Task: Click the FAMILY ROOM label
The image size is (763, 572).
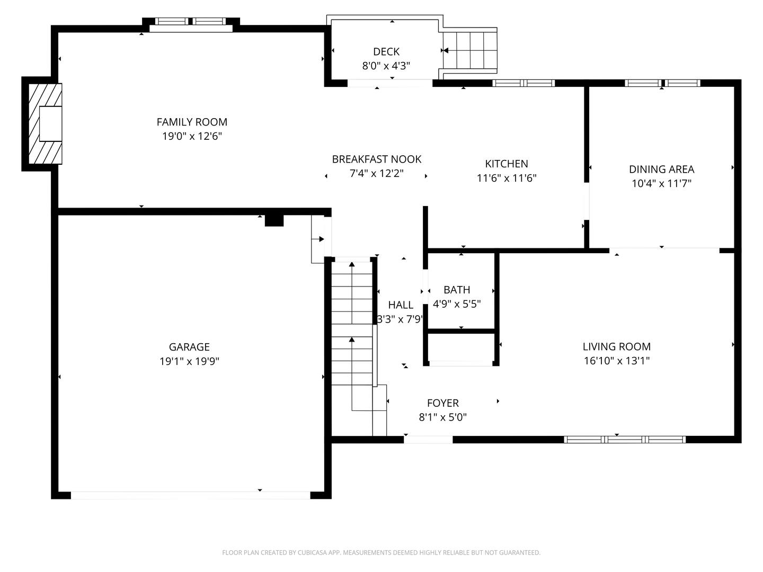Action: pos(192,122)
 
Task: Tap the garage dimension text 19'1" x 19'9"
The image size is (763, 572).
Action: pos(189,361)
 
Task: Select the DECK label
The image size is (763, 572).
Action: pos(386,51)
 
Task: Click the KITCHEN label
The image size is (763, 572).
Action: pos(507,164)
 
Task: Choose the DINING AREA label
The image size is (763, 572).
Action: pos(661,169)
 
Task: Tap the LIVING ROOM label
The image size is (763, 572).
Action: pos(616,346)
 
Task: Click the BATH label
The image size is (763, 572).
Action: pos(457,290)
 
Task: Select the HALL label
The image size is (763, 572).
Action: pos(401,305)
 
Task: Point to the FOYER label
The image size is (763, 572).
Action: pos(443,403)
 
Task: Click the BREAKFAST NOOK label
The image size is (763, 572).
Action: pos(377,159)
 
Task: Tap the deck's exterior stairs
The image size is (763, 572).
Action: pos(470,51)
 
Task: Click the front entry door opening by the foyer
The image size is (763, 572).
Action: pos(428,439)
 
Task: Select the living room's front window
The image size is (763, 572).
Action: pos(625,439)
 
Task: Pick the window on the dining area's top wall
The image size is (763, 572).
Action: pos(662,83)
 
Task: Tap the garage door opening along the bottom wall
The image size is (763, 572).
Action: pos(191,495)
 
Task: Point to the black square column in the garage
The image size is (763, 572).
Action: pos(274,220)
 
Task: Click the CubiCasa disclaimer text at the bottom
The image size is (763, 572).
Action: pos(381,552)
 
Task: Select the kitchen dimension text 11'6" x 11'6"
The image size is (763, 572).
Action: pos(507,178)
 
